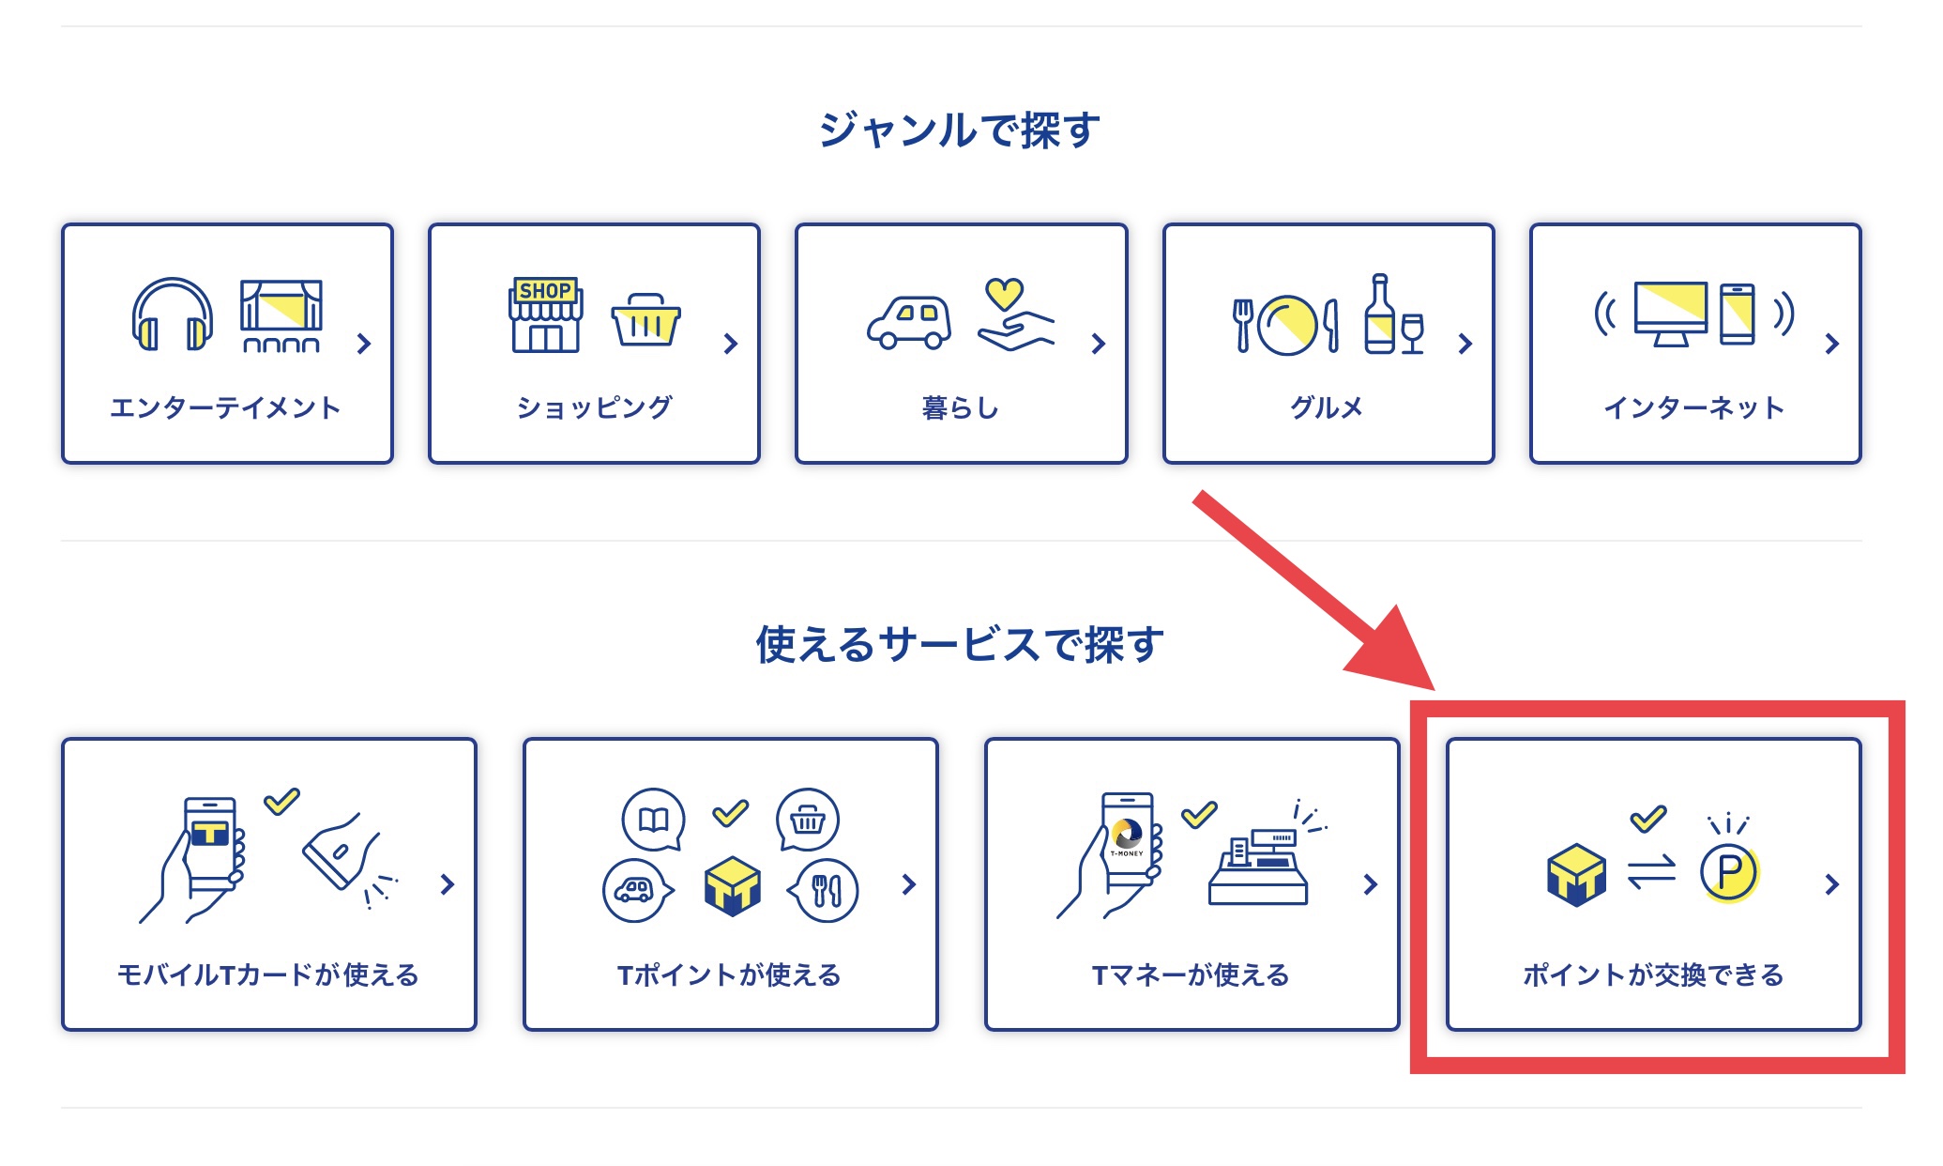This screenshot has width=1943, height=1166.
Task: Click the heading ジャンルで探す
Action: [x=960, y=130]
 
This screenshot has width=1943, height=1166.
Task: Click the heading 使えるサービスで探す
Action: [x=960, y=645]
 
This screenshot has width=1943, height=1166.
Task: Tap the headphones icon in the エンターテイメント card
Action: [x=172, y=315]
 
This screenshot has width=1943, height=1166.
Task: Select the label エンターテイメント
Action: [x=225, y=407]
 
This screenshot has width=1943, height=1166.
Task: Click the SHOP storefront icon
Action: [x=546, y=315]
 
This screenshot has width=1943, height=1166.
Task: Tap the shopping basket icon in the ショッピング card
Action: [x=645, y=320]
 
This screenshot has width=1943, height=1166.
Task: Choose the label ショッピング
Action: [x=594, y=407]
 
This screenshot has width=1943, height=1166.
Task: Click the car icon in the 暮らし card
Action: [x=908, y=323]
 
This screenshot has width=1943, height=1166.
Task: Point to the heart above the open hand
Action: [x=1004, y=293]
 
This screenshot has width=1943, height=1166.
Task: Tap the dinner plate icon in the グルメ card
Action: [x=1287, y=325]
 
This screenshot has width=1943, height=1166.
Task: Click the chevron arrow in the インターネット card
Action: [x=1831, y=344]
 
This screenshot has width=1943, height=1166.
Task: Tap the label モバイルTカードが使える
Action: [x=268, y=974]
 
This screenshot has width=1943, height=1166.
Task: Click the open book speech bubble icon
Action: [x=653, y=820]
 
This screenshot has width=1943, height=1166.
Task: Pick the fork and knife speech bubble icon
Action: [x=824, y=890]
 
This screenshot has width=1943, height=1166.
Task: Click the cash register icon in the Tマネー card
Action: [x=1259, y=868]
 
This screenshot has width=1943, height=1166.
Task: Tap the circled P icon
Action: [x=1729, y=872]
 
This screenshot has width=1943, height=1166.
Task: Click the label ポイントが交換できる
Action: [x=1653, y=974]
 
